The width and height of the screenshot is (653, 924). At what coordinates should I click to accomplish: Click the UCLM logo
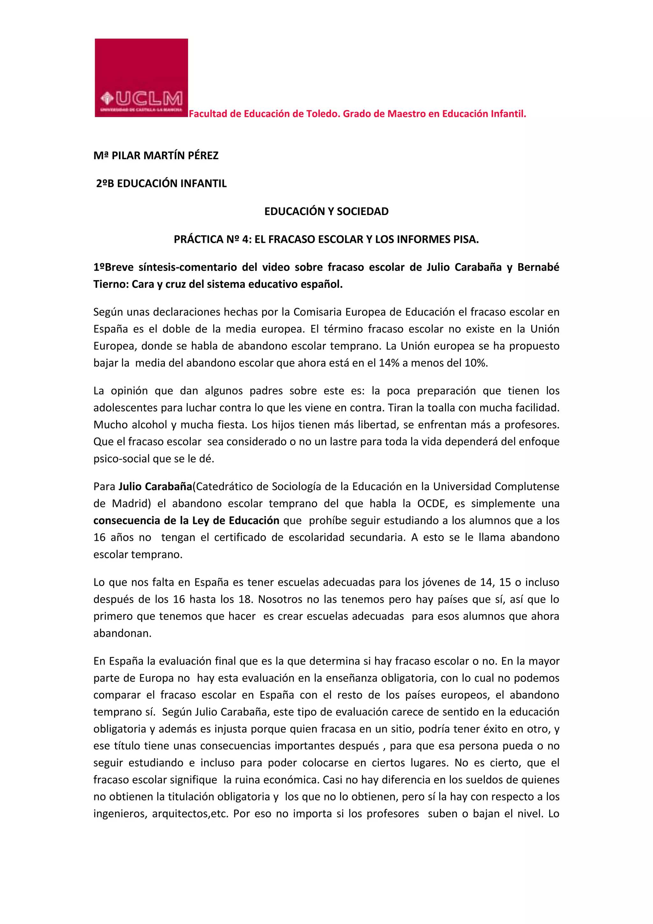(141, 78)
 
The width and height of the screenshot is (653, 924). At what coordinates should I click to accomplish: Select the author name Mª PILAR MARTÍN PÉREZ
(156, 156)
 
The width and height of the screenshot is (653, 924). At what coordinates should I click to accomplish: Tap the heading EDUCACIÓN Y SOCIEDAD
(326, 212)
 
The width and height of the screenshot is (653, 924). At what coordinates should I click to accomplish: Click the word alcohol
(149, 425)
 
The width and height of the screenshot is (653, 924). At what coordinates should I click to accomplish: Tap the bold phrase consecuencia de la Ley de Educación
(186, 521)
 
